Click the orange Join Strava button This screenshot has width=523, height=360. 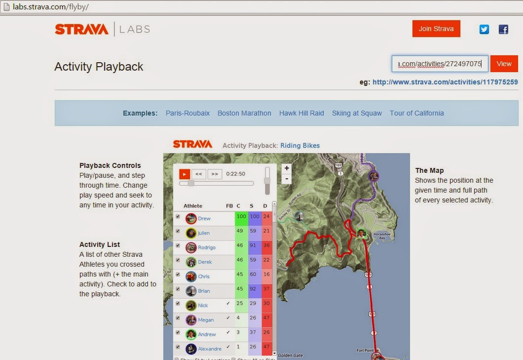[x=436, y=29]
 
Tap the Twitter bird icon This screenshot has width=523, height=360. [x=484, y=29]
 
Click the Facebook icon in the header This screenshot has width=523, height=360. [x=503, y=29]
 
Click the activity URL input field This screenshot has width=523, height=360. [x=440, y=64]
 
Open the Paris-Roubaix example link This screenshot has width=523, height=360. [x=187, y=113]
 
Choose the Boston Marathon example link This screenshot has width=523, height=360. [x=244, y=113]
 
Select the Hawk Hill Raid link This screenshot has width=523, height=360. [x=301, y=113]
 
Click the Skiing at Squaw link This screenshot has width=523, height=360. [x=357, y=113]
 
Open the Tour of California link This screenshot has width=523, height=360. [x=416, y=113]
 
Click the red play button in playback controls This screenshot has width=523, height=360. [x=185, y=174]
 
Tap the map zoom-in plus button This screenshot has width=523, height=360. [x=287, y=168]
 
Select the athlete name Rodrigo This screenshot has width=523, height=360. [x=207, y=247]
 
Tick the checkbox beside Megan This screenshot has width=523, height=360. [x=178, y=319]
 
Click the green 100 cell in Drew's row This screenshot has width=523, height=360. [x=241, y=216]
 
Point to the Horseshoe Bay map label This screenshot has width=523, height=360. [x=382, y=236]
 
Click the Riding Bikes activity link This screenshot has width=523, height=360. [x=300, y=146]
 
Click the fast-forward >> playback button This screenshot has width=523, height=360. [x=215, y=174]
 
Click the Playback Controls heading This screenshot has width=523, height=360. [x=110, y=165]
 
